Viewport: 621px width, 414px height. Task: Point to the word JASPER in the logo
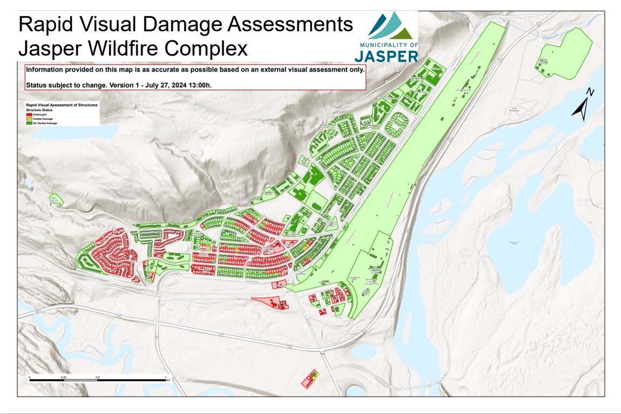point(386,56)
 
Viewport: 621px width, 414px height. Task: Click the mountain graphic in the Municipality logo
point(392,25)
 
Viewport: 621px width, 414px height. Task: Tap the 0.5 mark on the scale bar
point(97,377)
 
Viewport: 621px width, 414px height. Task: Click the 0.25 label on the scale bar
point(64,377)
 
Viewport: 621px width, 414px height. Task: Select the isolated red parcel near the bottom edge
point(310,379)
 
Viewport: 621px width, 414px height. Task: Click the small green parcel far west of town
point(55,200)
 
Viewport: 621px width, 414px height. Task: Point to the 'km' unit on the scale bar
point(168,380)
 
